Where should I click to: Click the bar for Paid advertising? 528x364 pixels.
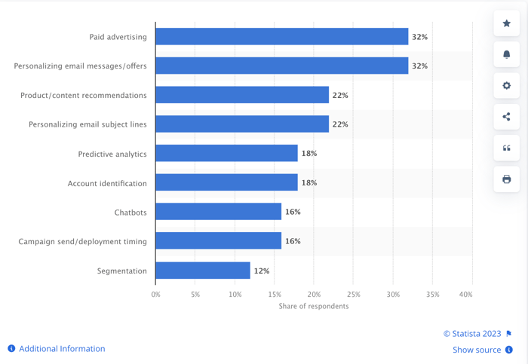281,36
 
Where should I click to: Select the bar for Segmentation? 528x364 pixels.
202,271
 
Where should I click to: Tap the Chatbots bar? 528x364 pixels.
218,212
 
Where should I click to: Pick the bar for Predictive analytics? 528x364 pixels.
226,154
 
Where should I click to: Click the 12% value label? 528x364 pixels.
261,271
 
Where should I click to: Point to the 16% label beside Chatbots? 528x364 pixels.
293,212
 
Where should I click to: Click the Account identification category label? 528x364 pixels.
107,183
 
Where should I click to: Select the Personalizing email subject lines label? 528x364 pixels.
87,124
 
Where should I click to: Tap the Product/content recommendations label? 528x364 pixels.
84,95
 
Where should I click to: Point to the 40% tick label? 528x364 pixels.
465,294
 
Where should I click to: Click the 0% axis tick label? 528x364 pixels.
156,294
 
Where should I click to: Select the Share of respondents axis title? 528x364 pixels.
314,306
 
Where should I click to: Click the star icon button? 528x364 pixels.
507,24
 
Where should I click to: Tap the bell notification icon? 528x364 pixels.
507,55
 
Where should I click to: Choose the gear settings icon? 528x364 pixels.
507,86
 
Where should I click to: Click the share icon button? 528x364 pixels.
507,117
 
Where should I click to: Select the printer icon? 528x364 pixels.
507,179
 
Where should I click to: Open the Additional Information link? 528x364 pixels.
62,349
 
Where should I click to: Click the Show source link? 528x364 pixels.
477,350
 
